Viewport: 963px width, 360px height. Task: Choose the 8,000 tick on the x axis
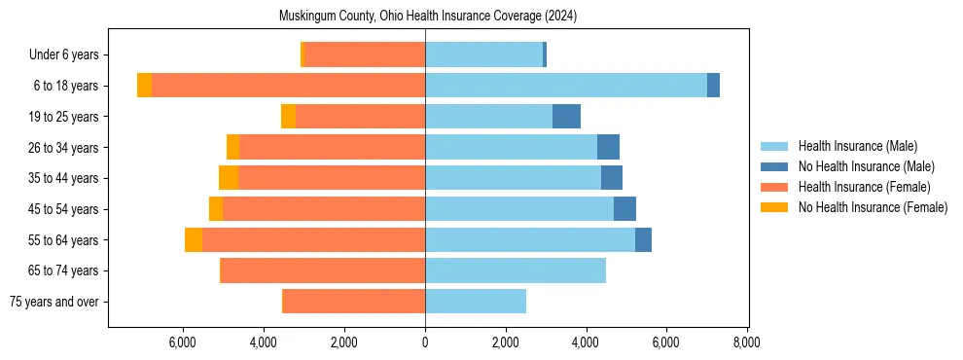[746, 342]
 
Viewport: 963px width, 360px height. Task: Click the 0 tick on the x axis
[425, 342]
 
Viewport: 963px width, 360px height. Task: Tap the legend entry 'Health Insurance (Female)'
[864, 187]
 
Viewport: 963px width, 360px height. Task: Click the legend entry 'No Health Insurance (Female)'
[873, 207]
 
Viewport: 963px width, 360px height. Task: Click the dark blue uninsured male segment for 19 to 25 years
[566, 117]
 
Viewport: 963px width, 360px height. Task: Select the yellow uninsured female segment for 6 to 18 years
[144, 86]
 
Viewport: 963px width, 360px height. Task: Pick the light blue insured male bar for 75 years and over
[476, 302]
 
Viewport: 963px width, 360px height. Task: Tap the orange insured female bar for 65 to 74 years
[324, 270]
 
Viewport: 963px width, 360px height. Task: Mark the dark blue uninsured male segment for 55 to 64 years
[643, 239]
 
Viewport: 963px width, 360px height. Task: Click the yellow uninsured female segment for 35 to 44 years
[229, 178]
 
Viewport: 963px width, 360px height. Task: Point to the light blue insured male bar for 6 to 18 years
[566, 86]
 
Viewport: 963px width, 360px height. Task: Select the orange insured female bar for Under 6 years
[365, 54]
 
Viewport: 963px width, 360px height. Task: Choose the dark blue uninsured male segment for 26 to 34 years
[608, 147]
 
